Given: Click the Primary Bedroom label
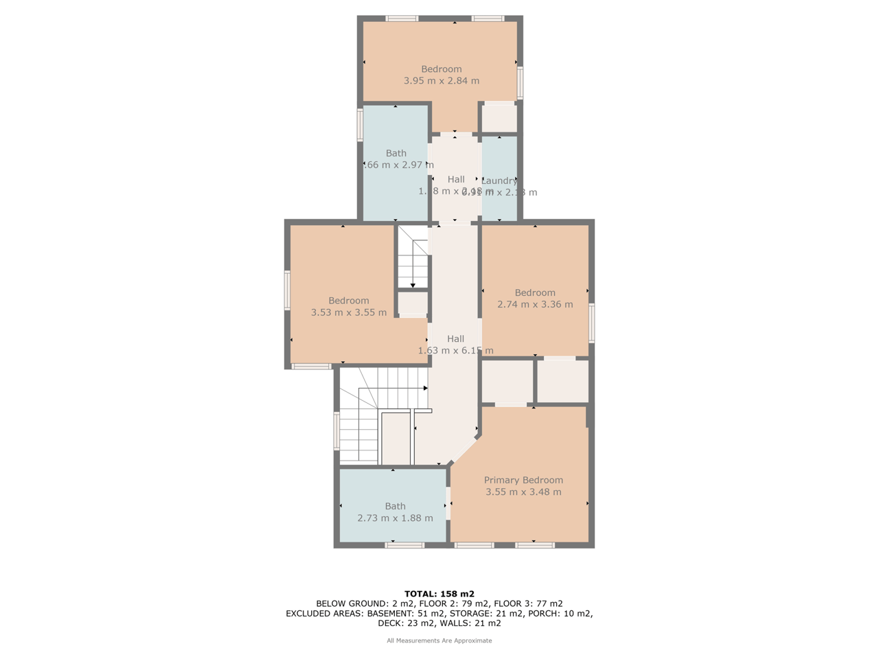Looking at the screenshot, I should tap(523, 480).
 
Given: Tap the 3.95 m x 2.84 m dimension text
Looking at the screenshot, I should tap(442, 80).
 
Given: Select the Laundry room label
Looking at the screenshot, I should tap(499, 181).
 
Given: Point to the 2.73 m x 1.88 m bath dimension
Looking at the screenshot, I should tap(395, 518).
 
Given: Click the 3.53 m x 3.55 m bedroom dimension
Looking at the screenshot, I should tap(349, 312).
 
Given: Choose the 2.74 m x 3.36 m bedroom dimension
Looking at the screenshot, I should tap(535, 304).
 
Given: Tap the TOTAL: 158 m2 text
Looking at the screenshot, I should tap(439, 594).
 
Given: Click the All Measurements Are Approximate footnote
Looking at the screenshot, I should tap(439, 640).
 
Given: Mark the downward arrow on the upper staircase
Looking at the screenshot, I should tap(413, 284).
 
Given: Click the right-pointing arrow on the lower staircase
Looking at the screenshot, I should tap(425, 389).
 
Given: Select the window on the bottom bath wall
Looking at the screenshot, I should tap(404, 545).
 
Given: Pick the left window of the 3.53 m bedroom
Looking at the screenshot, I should tap(288, 290).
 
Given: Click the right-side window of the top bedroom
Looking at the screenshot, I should tap(520, 82).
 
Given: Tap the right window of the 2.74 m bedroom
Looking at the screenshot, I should tap(591, 323).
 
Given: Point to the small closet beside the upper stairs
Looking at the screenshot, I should tap(413, 303).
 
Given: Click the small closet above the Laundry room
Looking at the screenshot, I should tap(499, 118).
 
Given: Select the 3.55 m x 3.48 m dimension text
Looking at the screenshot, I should tap(523, 492).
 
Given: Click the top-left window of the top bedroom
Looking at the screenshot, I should tap(402, 19).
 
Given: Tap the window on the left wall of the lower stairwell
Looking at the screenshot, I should tap(336, 430).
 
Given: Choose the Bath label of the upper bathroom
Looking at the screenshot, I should tap(396, 153).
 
